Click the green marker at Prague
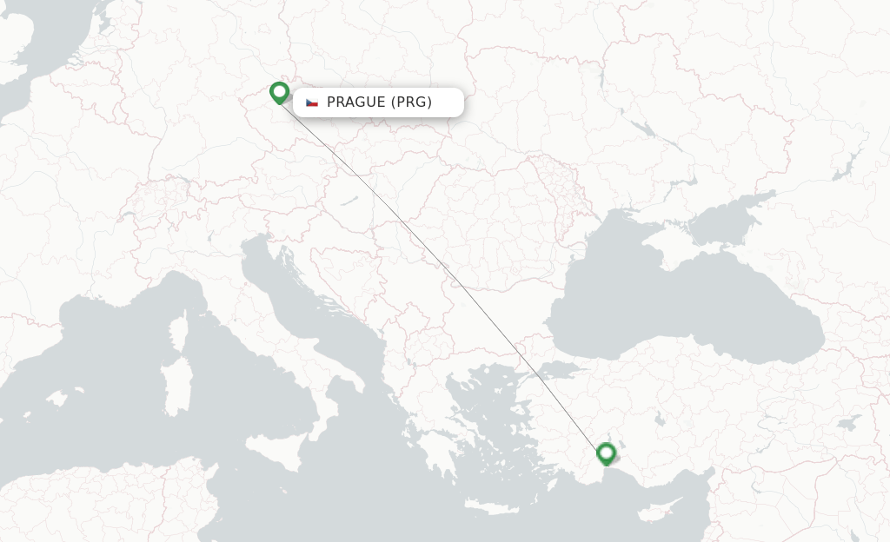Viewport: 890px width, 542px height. click(279, 92)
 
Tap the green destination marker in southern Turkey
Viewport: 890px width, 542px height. click(606, 453)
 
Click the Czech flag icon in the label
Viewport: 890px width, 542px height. click(312, 102)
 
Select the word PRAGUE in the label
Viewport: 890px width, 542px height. click(356, 102)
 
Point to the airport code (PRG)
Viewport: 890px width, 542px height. click(411, 102)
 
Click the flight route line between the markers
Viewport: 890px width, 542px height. click(442, 274)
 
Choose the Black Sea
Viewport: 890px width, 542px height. click(678, 300)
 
